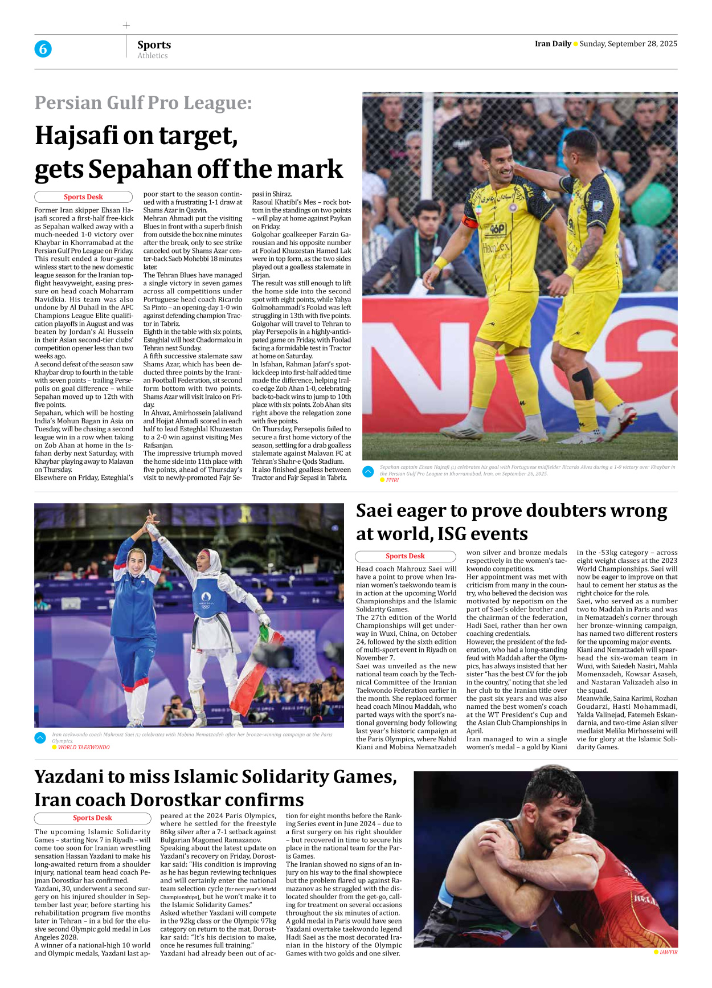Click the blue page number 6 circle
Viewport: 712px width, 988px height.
(x=43, y=49)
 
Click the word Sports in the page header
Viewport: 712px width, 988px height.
(x=154, y=44)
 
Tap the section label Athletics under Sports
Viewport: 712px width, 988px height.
(x=152, y=56)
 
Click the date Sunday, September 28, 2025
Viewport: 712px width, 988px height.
(x=628, y=44)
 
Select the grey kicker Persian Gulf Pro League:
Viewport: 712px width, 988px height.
(x=143, y=103)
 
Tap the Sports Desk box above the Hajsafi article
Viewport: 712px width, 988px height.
(x=83, y=197)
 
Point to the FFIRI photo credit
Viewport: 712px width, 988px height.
(x=392, y=480)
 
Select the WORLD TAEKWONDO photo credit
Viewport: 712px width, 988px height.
(x=84, y=747)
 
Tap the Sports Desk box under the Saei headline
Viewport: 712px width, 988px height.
(x=405, y=556)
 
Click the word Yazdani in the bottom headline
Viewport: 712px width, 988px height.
(x=70, y=777)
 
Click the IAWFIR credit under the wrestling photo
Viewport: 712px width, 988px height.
(x=668, y=952)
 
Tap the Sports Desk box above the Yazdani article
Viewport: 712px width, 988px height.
(x=92, y=818)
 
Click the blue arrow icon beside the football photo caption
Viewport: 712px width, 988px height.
(x=368, y=471)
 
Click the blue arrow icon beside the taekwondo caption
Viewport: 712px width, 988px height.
(x=40, y=738)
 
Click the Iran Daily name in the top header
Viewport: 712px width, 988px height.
(x=553, y=44)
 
